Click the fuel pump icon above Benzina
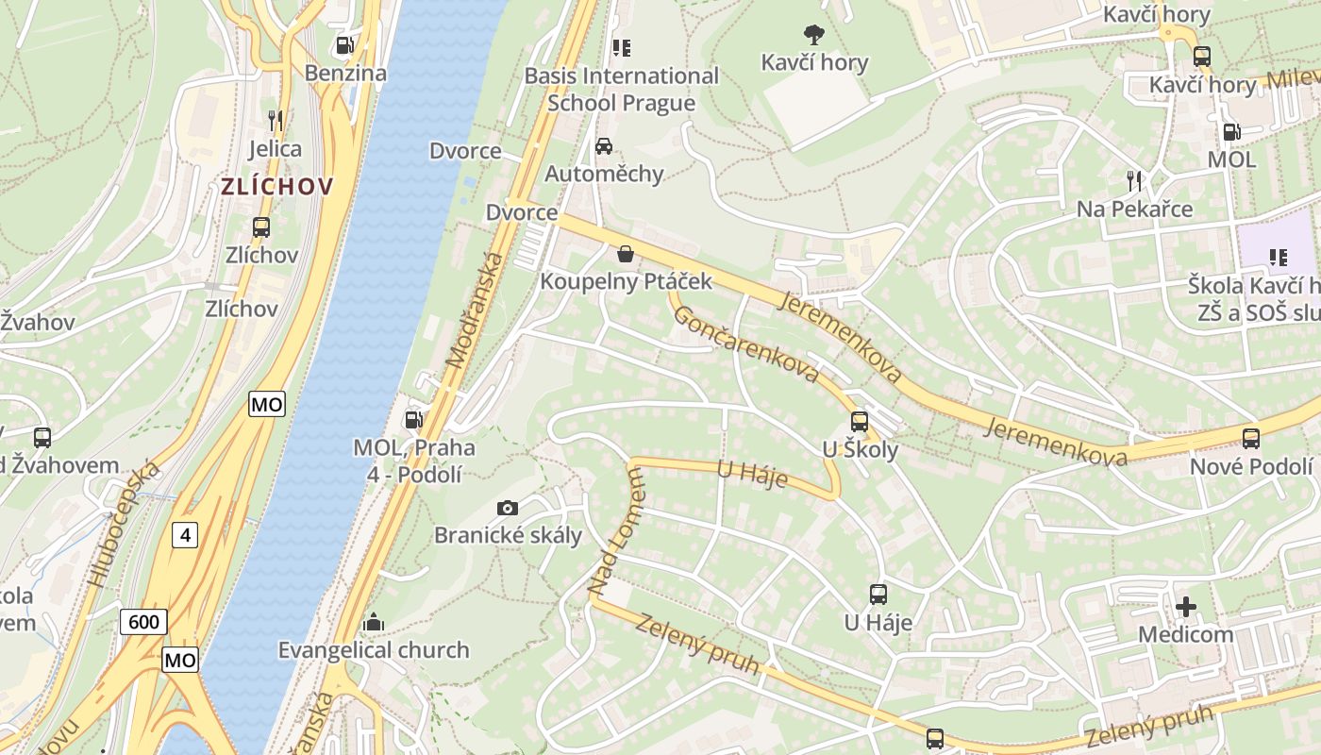pyautogui.click(x=345, y=45)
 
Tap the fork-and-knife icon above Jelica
pyautogui.click(x=275, y=121)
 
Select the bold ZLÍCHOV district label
pyautogui.click(x=277, y=186)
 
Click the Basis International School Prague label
pyautogui.click(x=621, y=89)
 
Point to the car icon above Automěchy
pyautogui.click(x=604, y=146)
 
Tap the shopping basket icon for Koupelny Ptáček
pyautogui.click(x=625, y=253)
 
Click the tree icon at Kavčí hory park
pyautogui.click(x=813, y=36)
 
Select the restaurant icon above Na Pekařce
pyautogui.click(x=1134, y=180)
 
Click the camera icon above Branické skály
pyautogui.click(x=508, y=508)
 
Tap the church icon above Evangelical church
pyautogui.click(x=374, y=622)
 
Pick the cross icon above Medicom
pyautogui.click(x=1186, y=606)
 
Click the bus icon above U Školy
pyautogui.click(x=859, y=422)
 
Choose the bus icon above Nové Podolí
pyautogui.click(x=1251, y=438)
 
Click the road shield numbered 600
pyautogui.click(x=144, y=622)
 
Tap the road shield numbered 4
pyautogui.click(x=185, y=535)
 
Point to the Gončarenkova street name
pyautogui.click(x=746, y=344)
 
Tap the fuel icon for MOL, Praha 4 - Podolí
pyautogui.click(x=413, y=420)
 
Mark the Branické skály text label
pyautogui.click(x=508, y=535)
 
